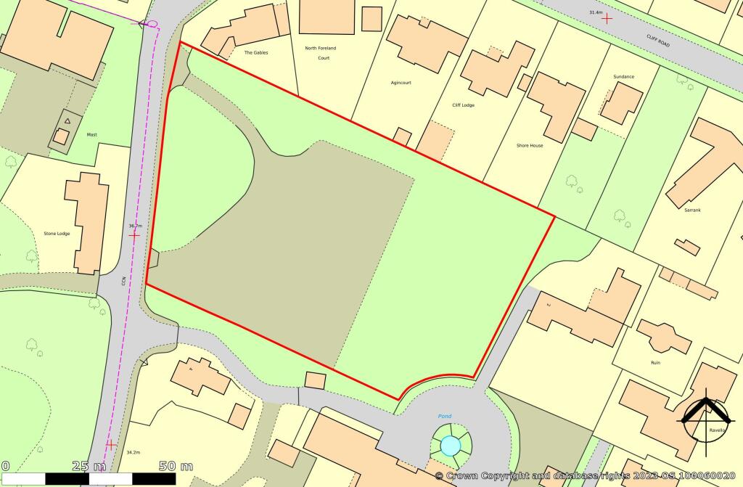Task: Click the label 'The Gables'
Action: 257,53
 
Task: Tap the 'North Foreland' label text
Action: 320,48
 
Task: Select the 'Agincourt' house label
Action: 401,83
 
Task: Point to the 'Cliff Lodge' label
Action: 464,105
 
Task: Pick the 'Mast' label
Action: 92,134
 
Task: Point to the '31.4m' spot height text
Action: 596,12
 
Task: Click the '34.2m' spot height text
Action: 134,451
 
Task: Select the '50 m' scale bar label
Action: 176,465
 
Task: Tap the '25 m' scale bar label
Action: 90,465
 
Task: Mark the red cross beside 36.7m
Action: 134,235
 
